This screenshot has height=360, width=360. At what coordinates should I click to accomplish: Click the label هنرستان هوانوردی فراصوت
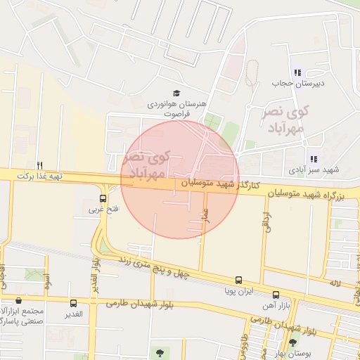click(x=176, y=108)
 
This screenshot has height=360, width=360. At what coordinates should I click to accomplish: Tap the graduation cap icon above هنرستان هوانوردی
click(x=176, y=94)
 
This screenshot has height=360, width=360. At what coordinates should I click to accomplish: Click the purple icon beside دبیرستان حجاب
click(x=297, y=72)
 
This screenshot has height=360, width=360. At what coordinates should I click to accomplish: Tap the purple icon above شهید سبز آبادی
click(x=313, y=160)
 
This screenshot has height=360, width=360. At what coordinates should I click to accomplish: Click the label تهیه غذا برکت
click(x=36, y=174)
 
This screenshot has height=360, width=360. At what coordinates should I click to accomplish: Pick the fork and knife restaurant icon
click(x=40, y=165)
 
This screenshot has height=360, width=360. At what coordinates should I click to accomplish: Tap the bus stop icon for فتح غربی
click(x=104, y=198)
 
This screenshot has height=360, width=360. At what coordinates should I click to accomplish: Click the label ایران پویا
click(x=238, y=290)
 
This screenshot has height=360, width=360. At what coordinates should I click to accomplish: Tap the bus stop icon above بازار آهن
click(x=275, y=295)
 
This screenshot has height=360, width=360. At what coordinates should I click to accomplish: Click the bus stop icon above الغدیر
click(x=74, y=303)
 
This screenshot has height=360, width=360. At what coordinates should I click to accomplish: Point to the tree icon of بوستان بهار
click(x=292, y=343)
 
